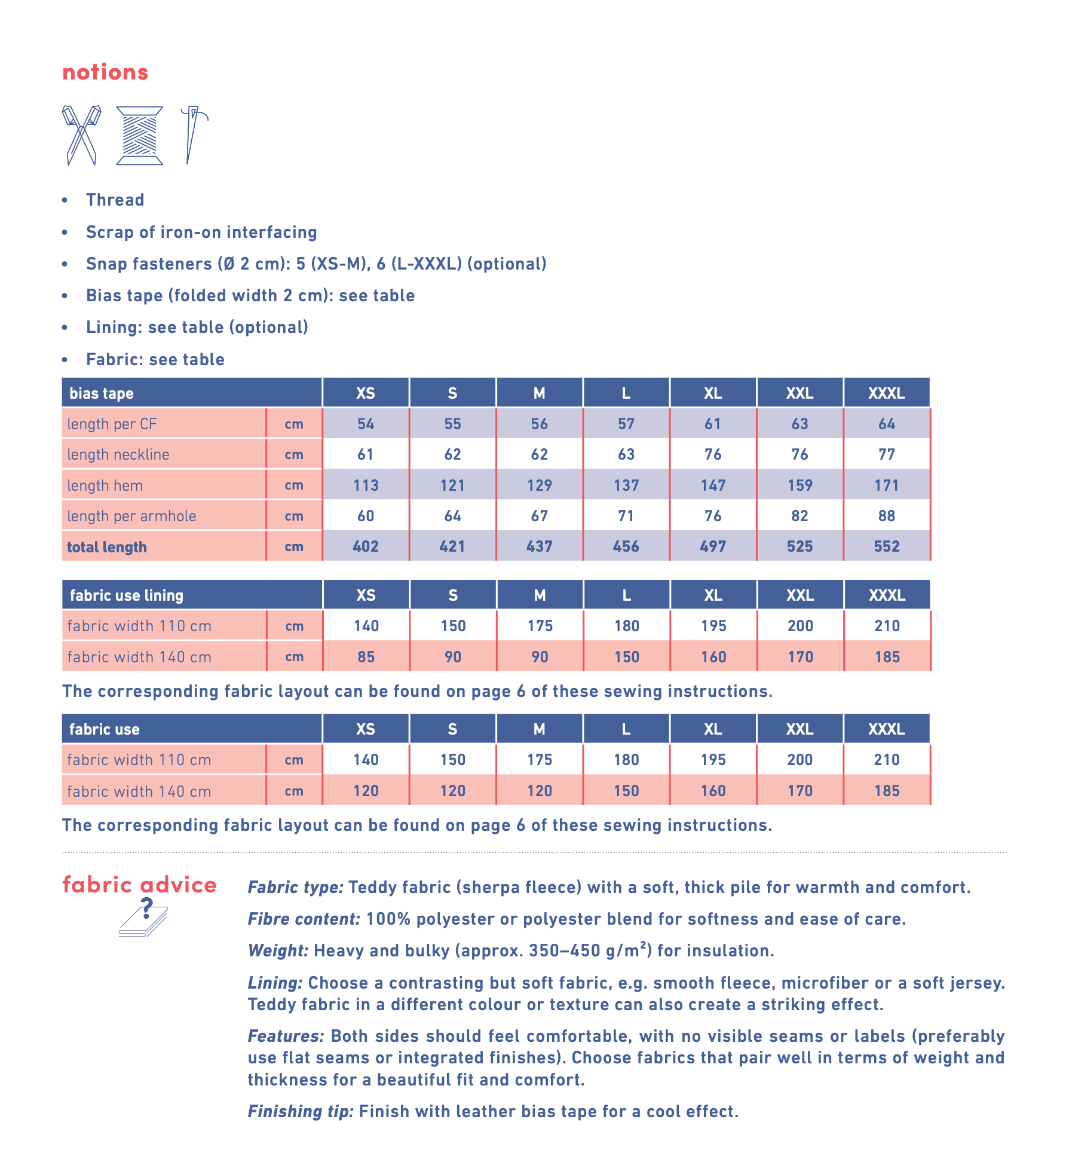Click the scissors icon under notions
coord(81,135)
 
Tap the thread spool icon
coord(139,135)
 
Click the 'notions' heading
coord(105,72)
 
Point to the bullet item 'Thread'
coord(115,200)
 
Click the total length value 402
coord(365,546)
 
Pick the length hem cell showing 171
coord(886,485)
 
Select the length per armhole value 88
coord(886,516)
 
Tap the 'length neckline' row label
coord(118,454)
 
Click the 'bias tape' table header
coord(102,393)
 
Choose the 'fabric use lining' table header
coord(127,595)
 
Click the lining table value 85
coord(366,657)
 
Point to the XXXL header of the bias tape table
coord(886,393)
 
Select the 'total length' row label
coord(107,547)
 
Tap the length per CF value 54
coord(365,424)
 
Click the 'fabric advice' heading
coord(139,885)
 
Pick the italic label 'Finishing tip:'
coord(301,1111)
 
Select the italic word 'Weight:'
coord(278,950)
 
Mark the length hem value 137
coord(626,485)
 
